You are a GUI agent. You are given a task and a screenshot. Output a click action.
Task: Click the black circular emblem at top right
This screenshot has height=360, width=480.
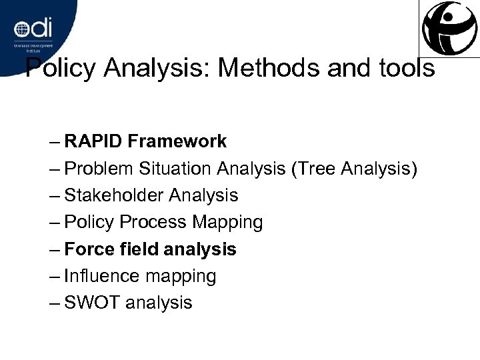coord(450,25)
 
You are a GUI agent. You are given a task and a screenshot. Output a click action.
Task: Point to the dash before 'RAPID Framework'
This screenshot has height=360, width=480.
coord(55,142)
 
